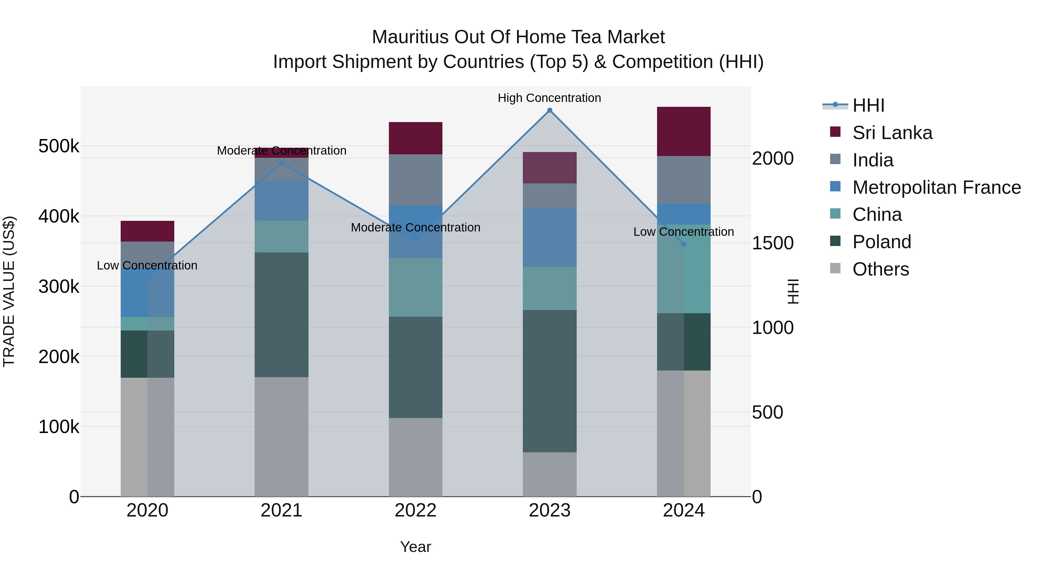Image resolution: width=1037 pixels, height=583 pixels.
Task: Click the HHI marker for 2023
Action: pos(550,110)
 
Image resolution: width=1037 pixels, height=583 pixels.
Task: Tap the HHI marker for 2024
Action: pos(684,244)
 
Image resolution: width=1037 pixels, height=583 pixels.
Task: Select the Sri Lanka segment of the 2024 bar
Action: pos(684,132)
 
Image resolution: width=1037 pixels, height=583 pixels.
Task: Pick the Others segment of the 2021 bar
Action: pos(281,436)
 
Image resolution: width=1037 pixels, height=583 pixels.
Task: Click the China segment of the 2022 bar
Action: pos(415,287)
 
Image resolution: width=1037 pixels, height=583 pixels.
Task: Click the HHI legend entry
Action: pos(868,105)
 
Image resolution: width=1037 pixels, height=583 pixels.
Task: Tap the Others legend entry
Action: pos(880,269)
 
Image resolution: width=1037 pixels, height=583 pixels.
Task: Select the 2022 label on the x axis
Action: pos(415,510)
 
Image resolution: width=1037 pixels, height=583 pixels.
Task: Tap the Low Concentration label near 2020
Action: pos(147,265)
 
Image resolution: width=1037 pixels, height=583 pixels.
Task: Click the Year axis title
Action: pos(415,547)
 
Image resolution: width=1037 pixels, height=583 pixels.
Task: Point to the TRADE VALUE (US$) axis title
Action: pos(9,291)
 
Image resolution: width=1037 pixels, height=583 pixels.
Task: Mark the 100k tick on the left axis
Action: pos(59,426)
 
